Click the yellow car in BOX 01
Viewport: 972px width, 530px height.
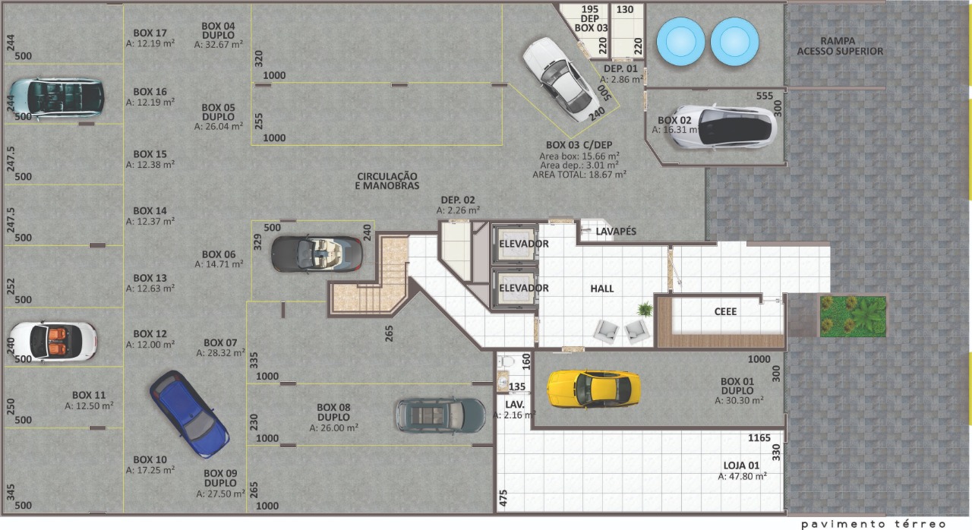pos(594,389)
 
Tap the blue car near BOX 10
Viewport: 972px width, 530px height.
pos(189,414)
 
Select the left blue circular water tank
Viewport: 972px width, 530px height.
pos(680,42)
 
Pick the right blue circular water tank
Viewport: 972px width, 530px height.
pos(734,42)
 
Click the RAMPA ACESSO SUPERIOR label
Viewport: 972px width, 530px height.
pos(840,46)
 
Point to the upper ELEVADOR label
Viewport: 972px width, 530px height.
pos(524,244)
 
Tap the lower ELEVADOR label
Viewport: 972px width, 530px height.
pos(524,288)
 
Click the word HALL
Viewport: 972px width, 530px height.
pos(602,289)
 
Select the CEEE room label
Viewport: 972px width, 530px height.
pos(725,311)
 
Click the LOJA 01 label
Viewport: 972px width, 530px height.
pos(741,465)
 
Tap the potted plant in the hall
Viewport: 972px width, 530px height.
pos(645,309)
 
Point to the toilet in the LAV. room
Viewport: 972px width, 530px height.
pos(505,361)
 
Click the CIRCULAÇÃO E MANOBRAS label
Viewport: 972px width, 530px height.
pos(387,181)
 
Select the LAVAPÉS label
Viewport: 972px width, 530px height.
pos(616,232)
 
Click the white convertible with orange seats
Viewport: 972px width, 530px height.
pos(53,342)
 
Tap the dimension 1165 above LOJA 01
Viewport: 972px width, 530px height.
pos(759,438)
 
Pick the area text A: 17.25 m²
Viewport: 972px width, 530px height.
pos(150,470)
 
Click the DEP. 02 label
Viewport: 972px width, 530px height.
pos(458,200)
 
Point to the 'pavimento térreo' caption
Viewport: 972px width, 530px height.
pos(873,524)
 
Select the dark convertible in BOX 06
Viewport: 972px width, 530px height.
pos(317,254)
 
